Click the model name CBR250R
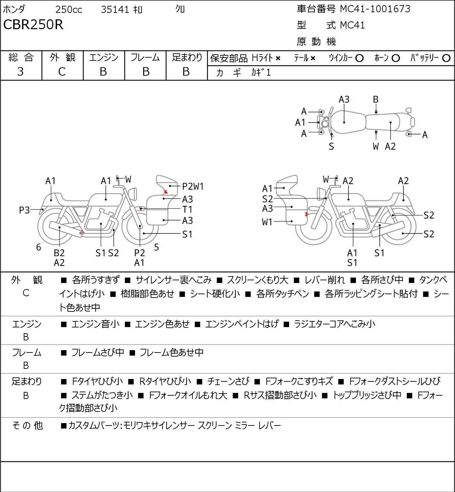pos(33,24)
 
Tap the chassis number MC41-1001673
pos(375,9)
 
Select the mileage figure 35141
pos(115,10)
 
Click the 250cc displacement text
pos(69,10)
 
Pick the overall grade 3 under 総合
pos(20,72)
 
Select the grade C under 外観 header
pos(62,72)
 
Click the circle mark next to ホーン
pos(396,58)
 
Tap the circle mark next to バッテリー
pos(446,58)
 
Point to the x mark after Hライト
pos(278,58)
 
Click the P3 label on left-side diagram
pos(24,210)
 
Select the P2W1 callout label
pos(193,186)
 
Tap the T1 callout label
pos(187,210)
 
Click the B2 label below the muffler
pos(59,253)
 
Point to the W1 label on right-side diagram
pos(267,222)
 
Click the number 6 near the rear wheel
pos(38,247)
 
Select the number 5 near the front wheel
pos(156,247)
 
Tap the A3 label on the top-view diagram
pos(344,100)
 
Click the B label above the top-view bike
pos(376,100)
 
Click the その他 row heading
pos(27,425)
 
